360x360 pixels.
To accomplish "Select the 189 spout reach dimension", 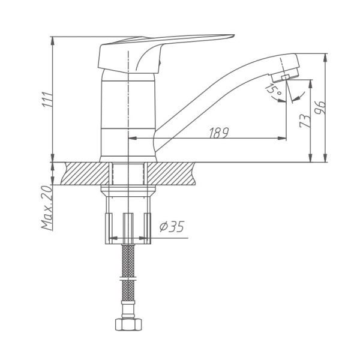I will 218,133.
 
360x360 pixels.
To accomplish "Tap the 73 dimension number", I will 305,121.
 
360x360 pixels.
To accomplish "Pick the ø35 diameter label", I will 172,227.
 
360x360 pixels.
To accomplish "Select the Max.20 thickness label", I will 47,207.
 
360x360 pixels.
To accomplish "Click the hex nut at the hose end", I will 128,324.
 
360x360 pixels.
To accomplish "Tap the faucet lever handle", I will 162,48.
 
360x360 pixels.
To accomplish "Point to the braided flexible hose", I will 128,270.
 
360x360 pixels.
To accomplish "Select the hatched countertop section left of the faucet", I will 81,174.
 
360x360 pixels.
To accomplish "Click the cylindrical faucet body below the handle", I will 128,114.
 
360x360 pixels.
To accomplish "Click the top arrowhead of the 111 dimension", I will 53,40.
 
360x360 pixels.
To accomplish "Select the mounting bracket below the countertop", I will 128,225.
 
